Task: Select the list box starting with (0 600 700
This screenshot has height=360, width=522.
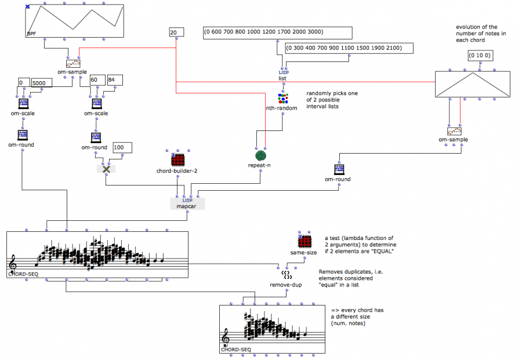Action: [x=278, y=32]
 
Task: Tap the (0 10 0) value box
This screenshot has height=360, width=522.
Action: [x=480, y=56]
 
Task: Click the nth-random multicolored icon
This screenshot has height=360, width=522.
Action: [x=283, y=98]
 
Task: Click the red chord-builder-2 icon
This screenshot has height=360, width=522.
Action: [x=177, y=159]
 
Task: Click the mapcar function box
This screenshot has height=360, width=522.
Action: [x=187, y=203]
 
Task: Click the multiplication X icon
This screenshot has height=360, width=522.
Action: [x=106, y=169]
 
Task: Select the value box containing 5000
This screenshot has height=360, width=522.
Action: [x=42, y=83]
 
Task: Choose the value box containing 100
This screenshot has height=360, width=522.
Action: [x=122, y=148]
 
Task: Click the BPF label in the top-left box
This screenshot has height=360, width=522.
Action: [x=32, y=34]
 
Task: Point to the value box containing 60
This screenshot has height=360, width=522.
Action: [x=97, y=79]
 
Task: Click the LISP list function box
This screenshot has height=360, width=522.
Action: [x=283, y=75]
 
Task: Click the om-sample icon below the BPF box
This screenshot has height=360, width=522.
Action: [x=73, y=64]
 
